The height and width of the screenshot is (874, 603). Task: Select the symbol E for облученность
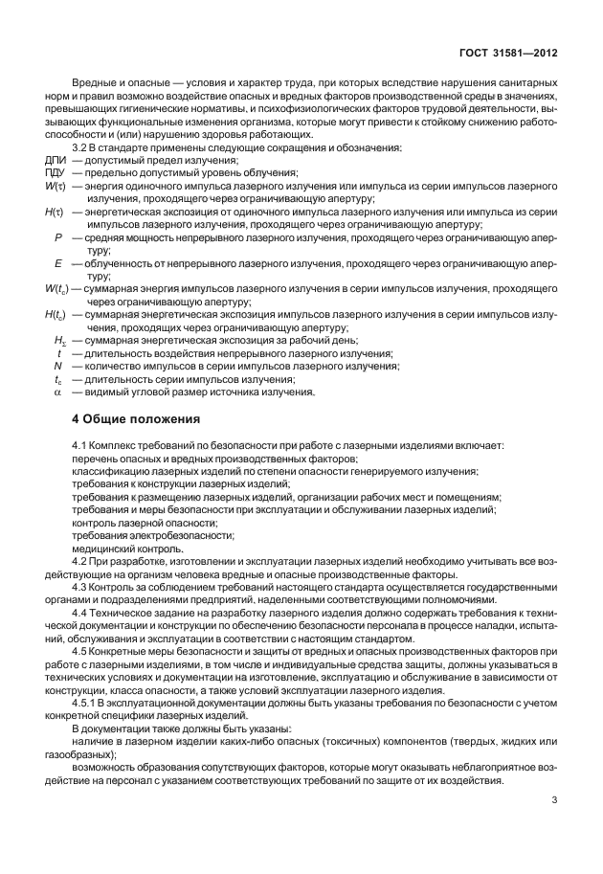click(x=59, y=260)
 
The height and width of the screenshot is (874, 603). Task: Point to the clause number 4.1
click(x=81, y=446)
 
